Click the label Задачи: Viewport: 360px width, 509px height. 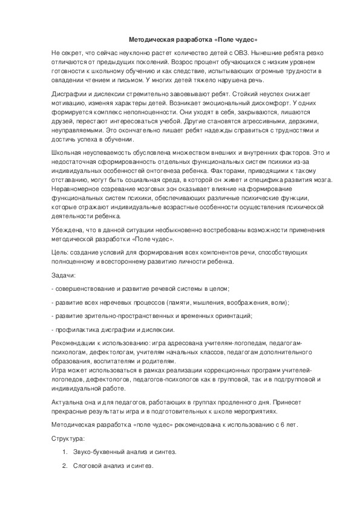[64, 274]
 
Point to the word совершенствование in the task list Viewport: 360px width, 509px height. [87, 288]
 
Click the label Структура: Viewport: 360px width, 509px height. [68, 438]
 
